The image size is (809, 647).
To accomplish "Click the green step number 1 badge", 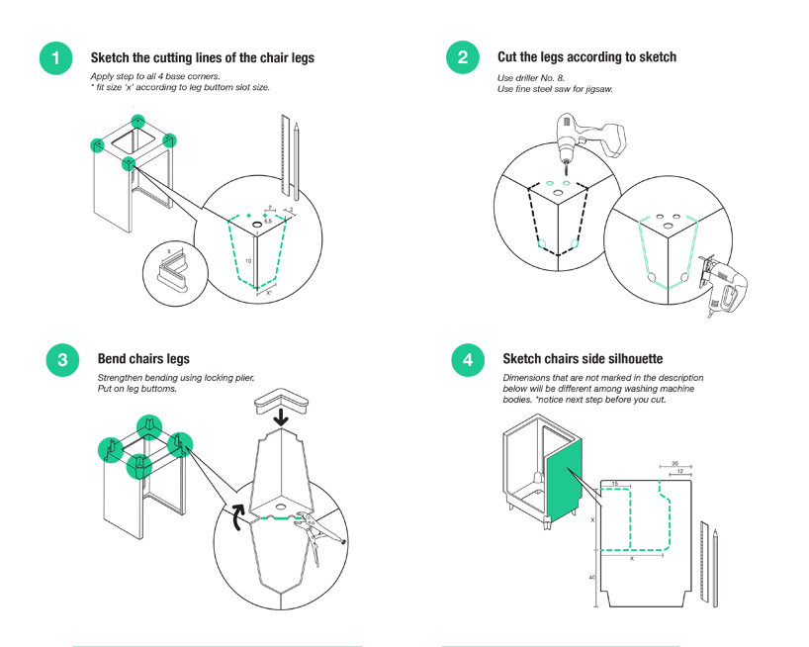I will click(x=55, y=57).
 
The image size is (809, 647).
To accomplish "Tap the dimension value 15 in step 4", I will click(x=614, y=484).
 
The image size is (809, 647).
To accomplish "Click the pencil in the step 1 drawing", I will click(x=295, y=158).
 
